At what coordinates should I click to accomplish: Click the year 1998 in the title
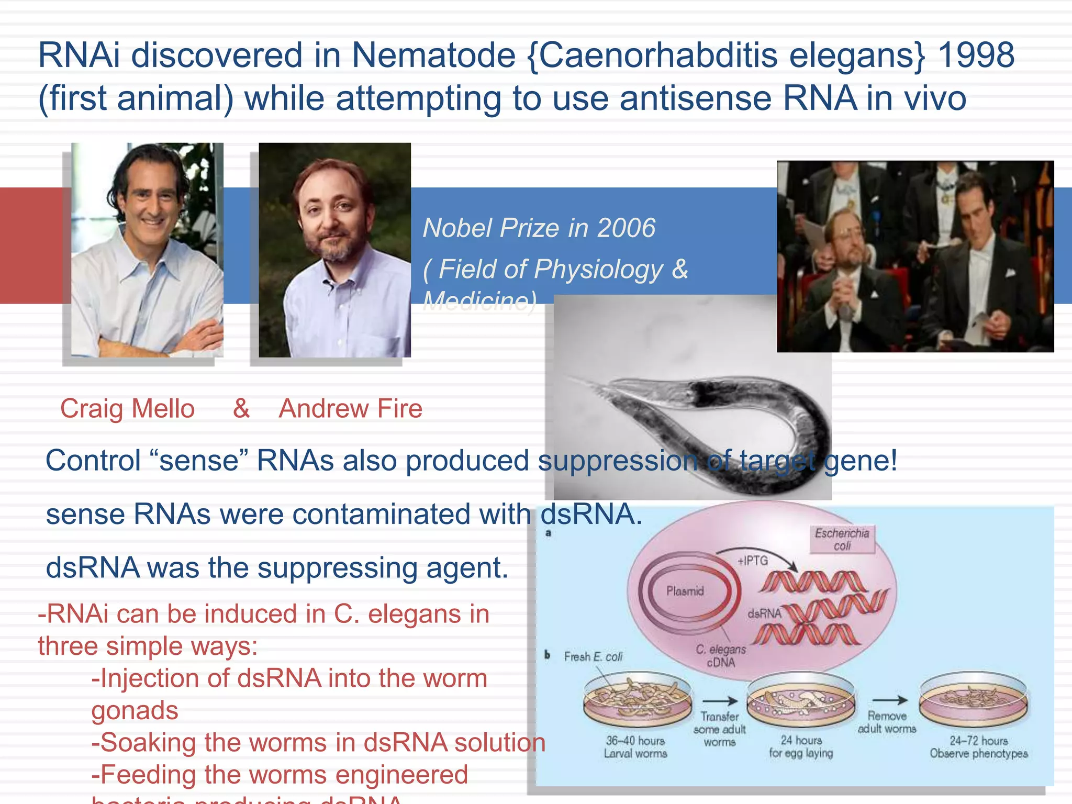tap(976, 55)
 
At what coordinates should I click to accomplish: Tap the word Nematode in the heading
tap(433, 55)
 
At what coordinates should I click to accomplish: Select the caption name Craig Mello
tap(127, 409)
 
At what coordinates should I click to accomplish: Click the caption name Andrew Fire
tap(350, 409)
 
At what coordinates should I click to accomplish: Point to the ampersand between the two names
tap(241, 408)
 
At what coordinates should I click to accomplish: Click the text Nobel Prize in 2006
tap(539, 228)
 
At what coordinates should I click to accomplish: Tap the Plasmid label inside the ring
tap(685, 591)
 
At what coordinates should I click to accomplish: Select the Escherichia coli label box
tap(842, 539)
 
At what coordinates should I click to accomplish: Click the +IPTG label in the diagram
tap(752, 561)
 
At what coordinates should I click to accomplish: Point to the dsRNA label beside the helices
tap(764, 613)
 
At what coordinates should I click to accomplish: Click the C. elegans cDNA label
tap(721, 656)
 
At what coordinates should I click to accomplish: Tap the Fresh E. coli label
tap(593, 657)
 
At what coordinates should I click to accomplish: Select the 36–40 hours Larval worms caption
tap(635, 747)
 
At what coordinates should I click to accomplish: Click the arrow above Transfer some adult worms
tap(720, 701)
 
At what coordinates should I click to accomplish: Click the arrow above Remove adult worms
tap(889, 700)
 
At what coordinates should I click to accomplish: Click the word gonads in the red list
tap(135, 710)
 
